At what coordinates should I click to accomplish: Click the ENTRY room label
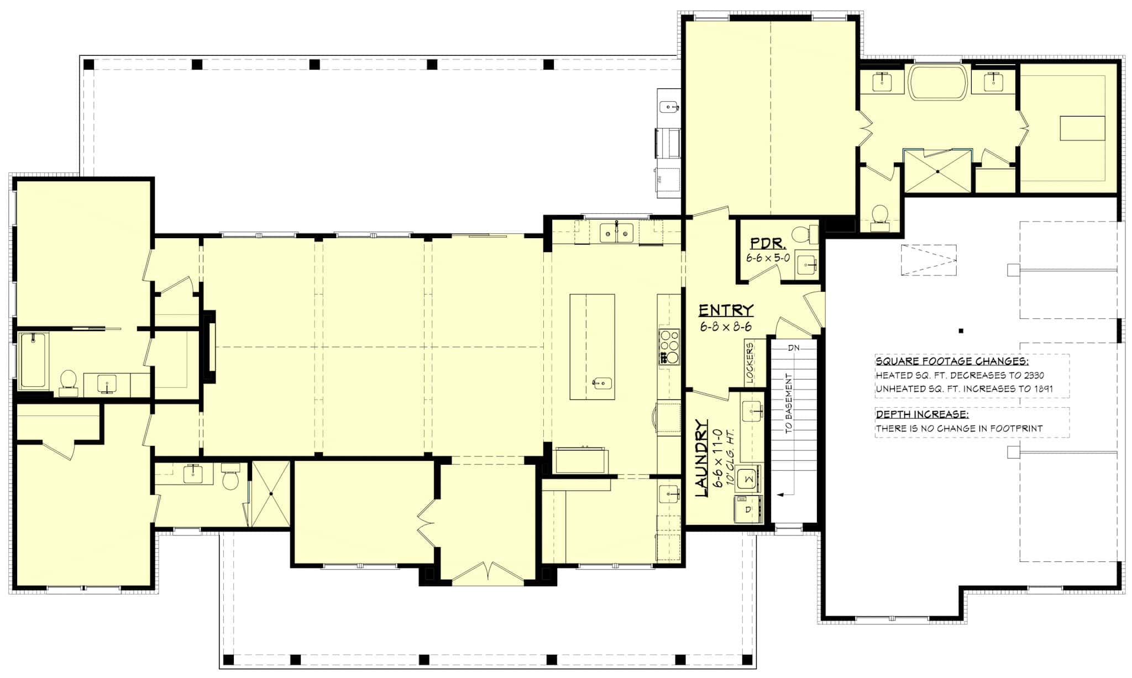726,310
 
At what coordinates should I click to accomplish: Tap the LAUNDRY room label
701,458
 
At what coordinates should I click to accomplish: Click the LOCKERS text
750,362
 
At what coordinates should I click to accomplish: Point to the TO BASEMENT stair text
789,403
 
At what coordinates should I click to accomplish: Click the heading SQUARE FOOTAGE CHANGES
952,362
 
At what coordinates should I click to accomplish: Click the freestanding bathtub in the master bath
939,83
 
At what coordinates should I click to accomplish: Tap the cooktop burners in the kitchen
669,346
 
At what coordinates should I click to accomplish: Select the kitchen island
592,346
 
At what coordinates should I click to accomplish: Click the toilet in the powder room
804,234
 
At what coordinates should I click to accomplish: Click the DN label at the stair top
794,348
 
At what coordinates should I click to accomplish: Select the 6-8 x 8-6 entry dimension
726,327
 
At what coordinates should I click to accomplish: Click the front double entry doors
488,572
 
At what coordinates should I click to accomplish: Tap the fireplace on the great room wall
209,346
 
